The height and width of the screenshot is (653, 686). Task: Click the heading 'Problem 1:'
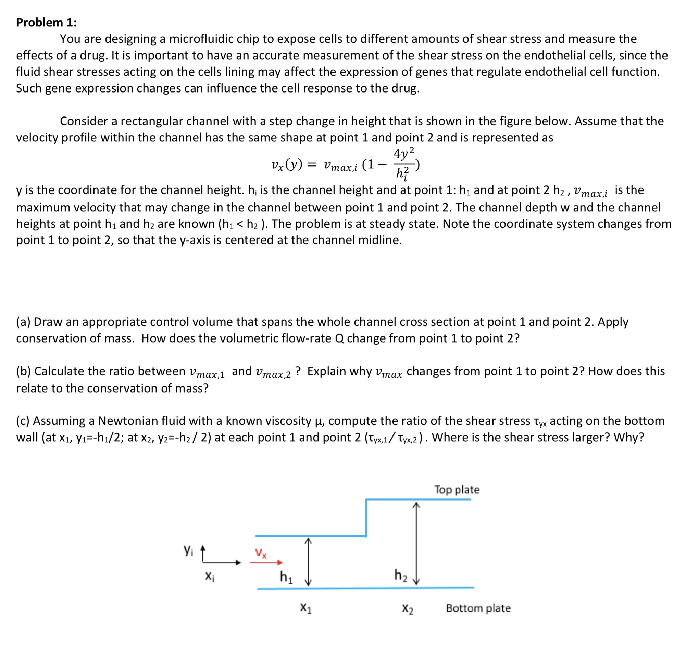click(46, 22)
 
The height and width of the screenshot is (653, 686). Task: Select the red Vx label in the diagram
click(261, 553)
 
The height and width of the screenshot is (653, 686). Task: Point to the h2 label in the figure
click(400, 575)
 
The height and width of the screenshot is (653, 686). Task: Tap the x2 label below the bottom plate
click(407, 608)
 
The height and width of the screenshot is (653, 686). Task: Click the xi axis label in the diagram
click(209, 576)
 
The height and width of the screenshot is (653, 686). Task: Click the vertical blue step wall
click(366, 518)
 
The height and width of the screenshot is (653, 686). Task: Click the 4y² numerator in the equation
click(403, 153)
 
